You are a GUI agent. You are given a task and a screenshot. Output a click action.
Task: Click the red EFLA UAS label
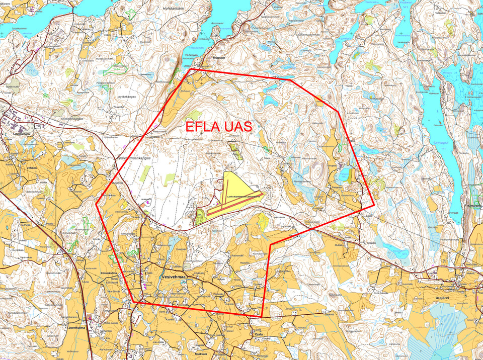[219, 127]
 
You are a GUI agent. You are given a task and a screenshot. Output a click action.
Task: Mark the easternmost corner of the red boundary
[374, 205]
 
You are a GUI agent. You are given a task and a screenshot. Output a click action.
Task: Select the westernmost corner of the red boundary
[97, 205]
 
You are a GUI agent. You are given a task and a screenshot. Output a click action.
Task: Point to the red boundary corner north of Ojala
[270, 245]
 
